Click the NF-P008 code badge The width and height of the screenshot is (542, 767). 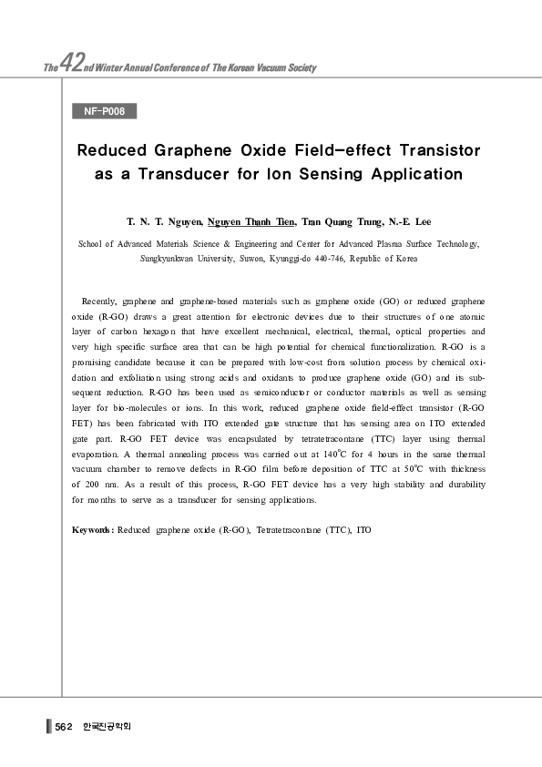tap(104, 112)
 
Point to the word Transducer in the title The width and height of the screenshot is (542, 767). tap(199, 173)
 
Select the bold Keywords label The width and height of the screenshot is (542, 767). tap(93, 529)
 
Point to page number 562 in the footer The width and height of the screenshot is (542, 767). tap(64, 727)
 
